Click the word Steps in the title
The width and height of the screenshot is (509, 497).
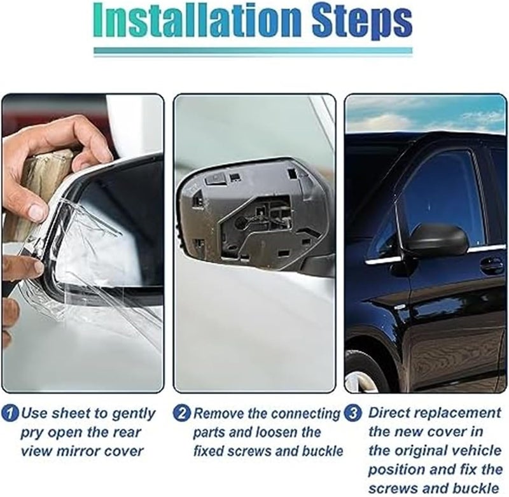click(x=358, y=22)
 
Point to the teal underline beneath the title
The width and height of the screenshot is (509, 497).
click(x=253, y=51)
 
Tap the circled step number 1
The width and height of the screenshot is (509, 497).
click(x=11, y=413)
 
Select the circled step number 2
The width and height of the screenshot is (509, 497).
click(x=182, y=413)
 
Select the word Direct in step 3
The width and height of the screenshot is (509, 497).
click(x=390, y=413)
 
